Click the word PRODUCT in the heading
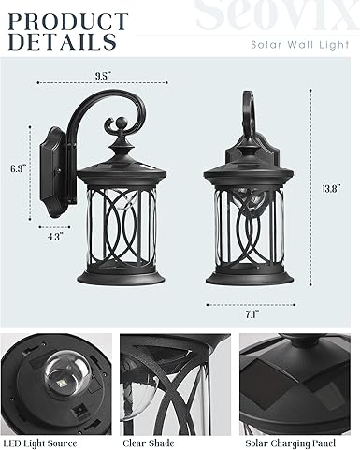[x=68, y=22]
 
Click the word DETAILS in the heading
[x=63, y=41]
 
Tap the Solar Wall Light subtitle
[x=300, y=45]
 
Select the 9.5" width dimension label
[x=103, y=76]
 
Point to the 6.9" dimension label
[x=18, y=168]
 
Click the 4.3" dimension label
[x=55, y=237]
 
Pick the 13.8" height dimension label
[x=331, y=189]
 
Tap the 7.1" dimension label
[x=252, y=314]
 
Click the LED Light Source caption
[x=40, y=443]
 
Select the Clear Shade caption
[x=149, y=443]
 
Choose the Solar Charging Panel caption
[x=290, y=443]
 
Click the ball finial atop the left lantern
[x=121, y=123]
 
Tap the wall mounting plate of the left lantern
[x=53, y=172]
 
